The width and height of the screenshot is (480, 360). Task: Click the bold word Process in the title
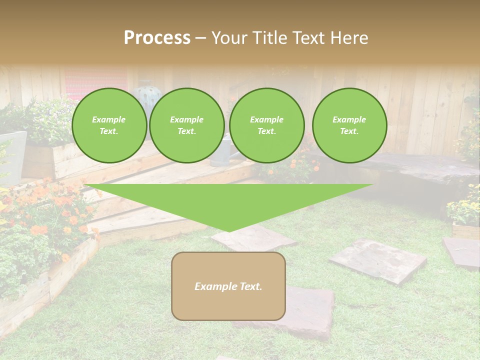[157, 38]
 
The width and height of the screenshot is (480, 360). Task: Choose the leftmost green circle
[109, 125]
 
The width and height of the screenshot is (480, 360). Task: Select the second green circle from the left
[186, 125]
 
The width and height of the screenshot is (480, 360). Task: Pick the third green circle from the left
[266, 125]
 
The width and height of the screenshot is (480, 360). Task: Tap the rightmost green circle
[349, 125]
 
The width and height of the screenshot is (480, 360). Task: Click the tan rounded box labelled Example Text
[228, 286]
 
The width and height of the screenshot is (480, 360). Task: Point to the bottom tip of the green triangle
[229, 231]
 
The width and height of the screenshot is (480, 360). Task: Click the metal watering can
[220, 152]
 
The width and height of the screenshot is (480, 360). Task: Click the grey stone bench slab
[425, 170]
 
